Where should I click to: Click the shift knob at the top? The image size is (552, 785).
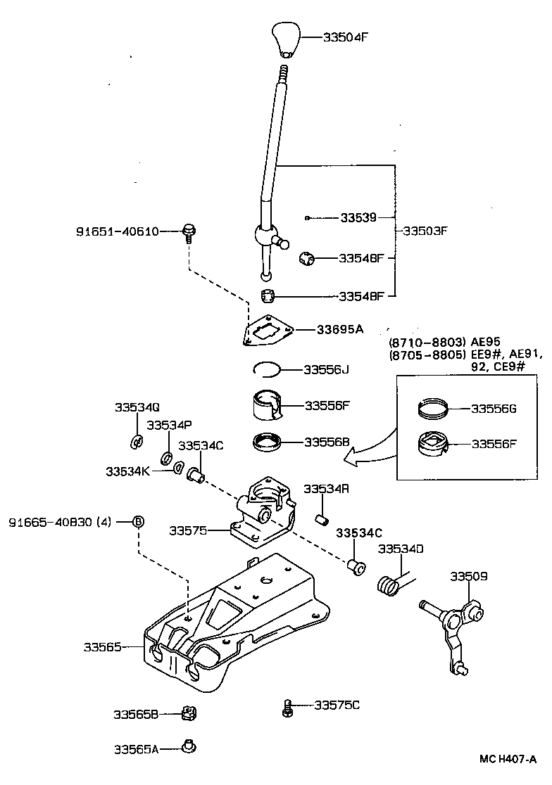285,41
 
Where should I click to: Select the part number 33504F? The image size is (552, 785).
346,38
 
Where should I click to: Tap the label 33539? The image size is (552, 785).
358,218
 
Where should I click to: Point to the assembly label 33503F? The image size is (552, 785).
425,231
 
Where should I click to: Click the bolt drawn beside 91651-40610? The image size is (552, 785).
189,231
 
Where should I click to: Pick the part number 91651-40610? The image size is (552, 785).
118,231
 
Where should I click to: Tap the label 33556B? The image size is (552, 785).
327,442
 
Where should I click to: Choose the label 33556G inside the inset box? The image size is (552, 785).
494,408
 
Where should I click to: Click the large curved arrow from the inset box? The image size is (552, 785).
370,449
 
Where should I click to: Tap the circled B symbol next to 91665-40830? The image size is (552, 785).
139,522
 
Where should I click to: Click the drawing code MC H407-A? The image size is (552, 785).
508,759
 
